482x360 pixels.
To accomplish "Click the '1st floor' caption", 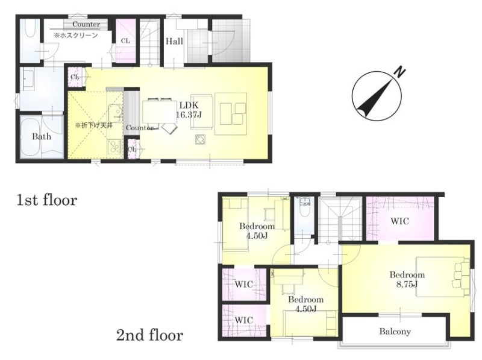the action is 46,200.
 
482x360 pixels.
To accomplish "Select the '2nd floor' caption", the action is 149,335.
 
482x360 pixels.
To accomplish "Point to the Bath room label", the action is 42,136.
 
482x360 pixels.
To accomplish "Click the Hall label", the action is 174,41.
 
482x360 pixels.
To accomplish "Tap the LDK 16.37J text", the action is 189,110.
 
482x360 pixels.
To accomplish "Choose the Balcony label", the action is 395,332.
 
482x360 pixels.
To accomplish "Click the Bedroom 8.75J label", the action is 407,279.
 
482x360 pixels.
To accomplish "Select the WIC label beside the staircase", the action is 399,221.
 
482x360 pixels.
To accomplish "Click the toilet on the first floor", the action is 30,28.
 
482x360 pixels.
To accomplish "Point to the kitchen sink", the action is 114,112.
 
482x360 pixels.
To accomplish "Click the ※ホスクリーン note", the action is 76,36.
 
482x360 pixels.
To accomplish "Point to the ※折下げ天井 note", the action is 94,125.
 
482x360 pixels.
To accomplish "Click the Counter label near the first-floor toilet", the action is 86,24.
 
